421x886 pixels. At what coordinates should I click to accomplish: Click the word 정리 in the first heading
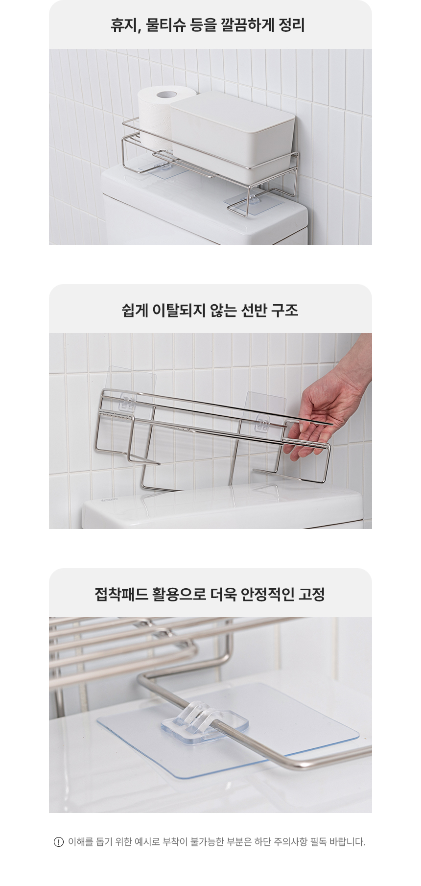[291, 25]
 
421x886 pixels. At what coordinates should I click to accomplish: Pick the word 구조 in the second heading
[286, 310]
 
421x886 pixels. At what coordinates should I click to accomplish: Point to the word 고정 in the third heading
[312, 594]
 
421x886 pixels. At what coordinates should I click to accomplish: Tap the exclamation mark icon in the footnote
[59, 842]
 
